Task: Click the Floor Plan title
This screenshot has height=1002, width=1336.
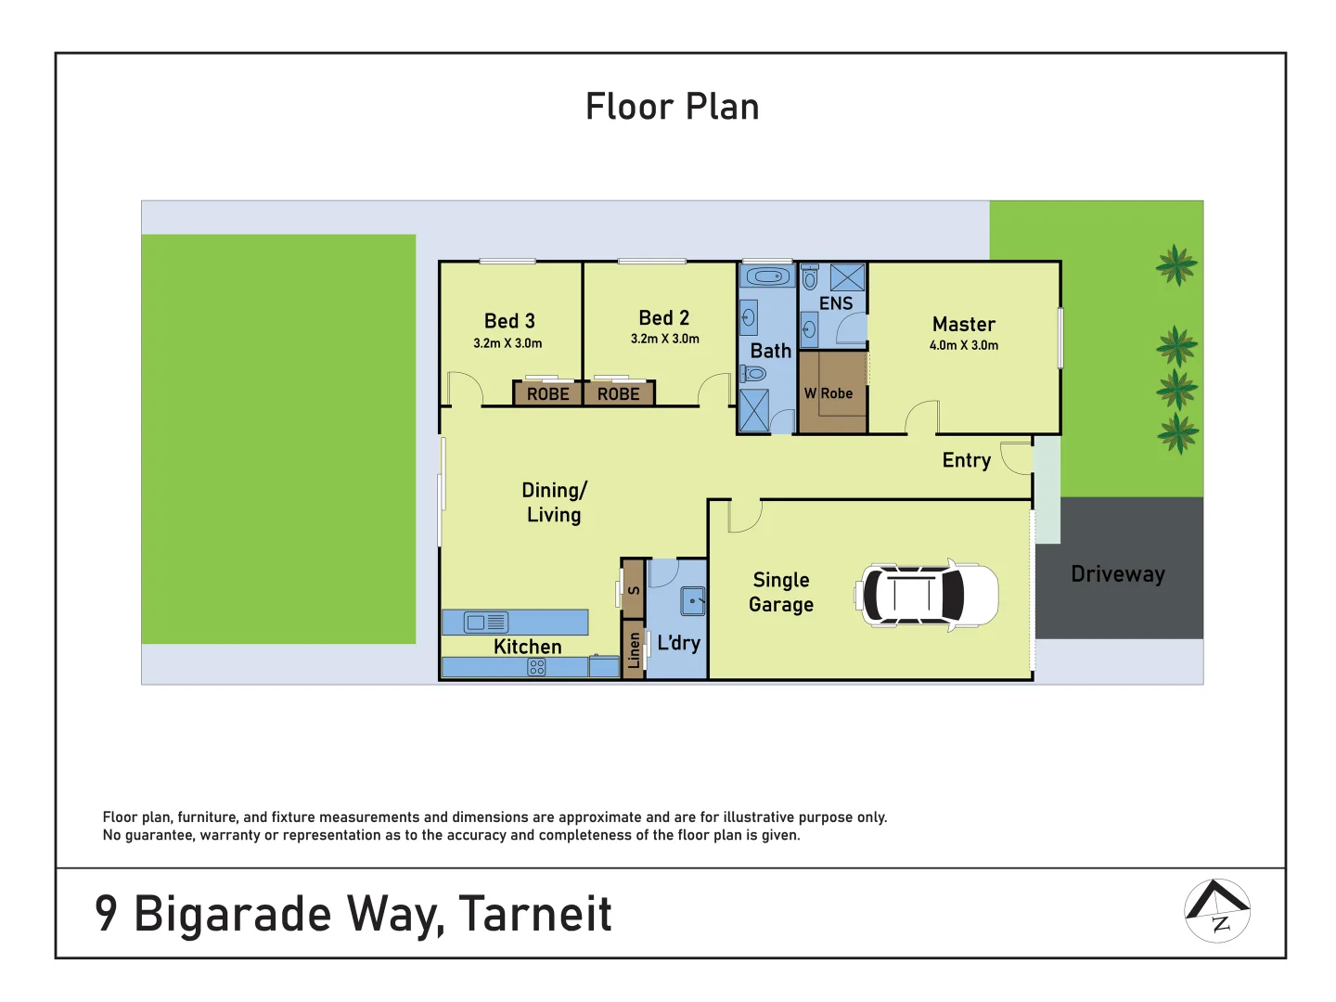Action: click(672, 107)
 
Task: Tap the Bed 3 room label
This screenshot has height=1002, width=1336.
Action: click(509, 321)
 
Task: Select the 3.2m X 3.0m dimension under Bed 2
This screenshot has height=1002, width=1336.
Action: click(664, 340)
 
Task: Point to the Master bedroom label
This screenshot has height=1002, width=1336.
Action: click(963, 324)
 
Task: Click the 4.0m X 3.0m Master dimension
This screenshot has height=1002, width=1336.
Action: click(963, 345)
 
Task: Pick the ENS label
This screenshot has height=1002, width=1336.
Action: click(835, 303)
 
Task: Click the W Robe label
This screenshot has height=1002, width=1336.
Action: click(829, 393)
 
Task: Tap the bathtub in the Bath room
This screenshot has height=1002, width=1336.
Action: click(767, 276)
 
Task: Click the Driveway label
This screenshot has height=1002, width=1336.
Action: click(1117, 574)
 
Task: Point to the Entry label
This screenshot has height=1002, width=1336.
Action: click(966, 460)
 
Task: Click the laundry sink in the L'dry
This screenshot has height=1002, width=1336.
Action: click(693, 601)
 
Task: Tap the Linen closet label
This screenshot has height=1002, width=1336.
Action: click(634, 649)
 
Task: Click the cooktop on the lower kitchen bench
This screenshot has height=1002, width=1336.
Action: click(536, 667)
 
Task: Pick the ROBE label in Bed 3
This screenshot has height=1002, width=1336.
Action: click(547, 394)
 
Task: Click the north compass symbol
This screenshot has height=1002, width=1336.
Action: click(1217, 910)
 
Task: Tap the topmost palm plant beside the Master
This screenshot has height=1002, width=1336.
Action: click(1176, 265)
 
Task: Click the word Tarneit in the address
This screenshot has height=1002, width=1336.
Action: click(535, 914)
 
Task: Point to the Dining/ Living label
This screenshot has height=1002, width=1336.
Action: click(554, 502)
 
